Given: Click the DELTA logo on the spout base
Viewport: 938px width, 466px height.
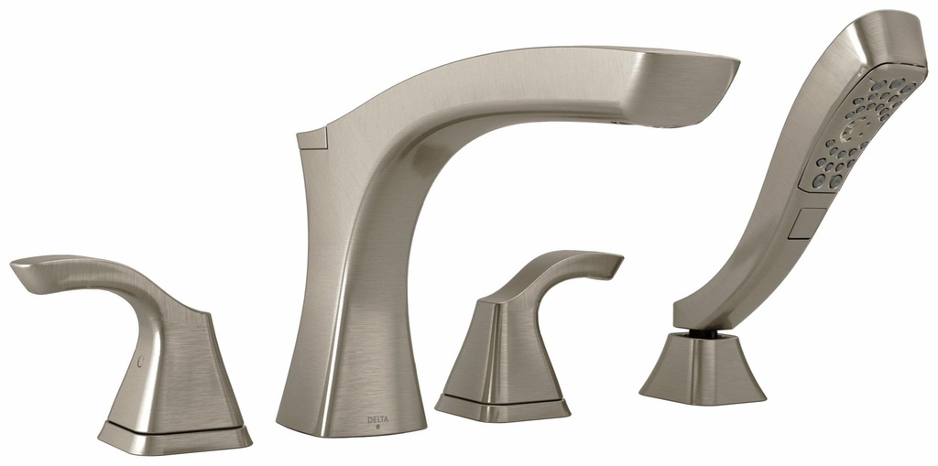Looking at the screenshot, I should coord(378,419).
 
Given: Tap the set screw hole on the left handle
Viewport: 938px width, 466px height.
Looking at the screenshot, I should coord(138,363).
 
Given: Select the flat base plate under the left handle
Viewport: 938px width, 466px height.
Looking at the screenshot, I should coord(174,437).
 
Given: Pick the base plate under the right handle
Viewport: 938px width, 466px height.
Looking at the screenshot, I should coord(502,405).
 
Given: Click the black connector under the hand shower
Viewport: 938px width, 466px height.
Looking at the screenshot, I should coord(700,326).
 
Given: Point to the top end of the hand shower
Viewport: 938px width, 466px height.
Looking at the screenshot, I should coord(893,27).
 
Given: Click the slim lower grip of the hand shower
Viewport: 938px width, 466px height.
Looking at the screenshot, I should coord(733,275).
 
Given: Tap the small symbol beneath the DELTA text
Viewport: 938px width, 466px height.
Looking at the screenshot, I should coord(378,427).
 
